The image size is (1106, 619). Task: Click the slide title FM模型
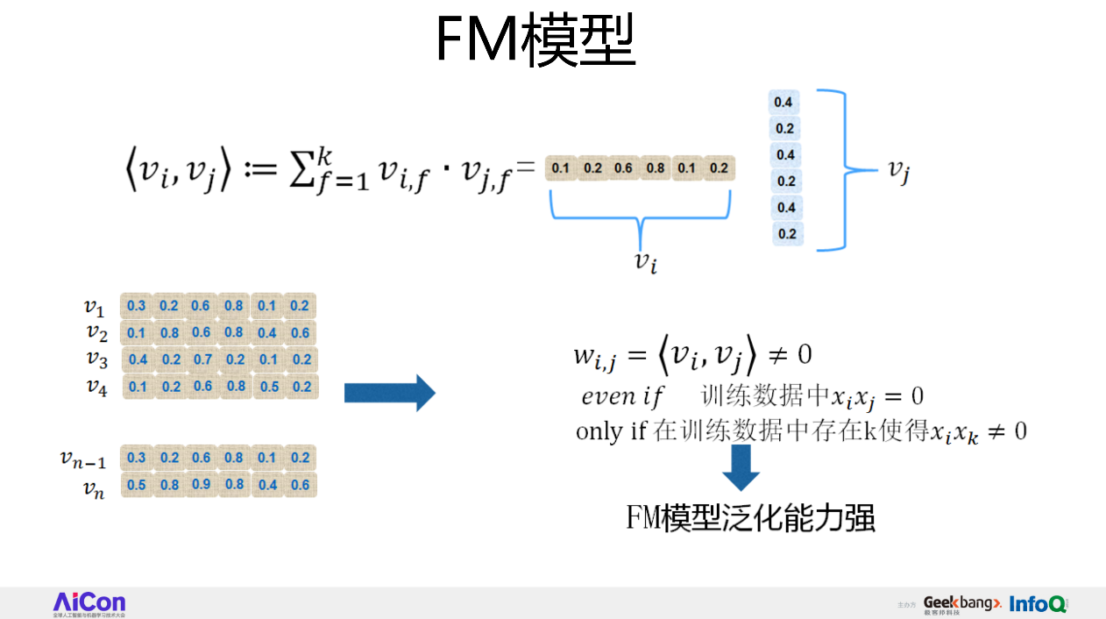pos(535,40)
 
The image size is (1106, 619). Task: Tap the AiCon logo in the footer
pos(89,602)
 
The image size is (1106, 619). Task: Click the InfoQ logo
pos(1038,604)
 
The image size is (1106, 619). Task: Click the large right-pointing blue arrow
pos(389,393)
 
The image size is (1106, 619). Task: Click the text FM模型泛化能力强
pos(750,517)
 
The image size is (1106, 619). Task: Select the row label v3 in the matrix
pos(97,359)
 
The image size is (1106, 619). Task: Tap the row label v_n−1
pos(83,458)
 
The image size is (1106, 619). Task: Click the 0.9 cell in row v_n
pos(201,485)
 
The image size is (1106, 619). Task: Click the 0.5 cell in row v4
pos(269,387)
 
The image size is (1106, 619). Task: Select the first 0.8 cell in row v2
pos(169,333)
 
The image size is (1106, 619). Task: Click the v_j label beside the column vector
pos(898,170)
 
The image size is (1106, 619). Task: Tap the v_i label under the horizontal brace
pos(646,261)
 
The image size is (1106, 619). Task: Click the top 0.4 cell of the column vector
pos(785,103)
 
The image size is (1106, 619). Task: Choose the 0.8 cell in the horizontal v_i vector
pos(656,168)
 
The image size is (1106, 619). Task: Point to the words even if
pos(622,396)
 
